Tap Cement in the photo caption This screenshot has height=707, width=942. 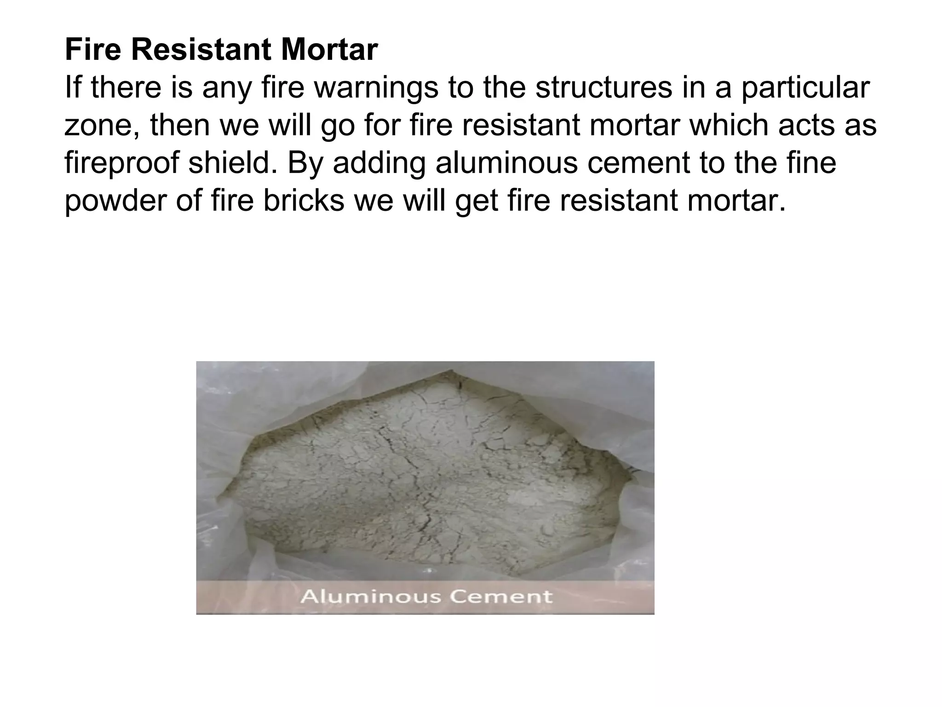click(x=500, y=597)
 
